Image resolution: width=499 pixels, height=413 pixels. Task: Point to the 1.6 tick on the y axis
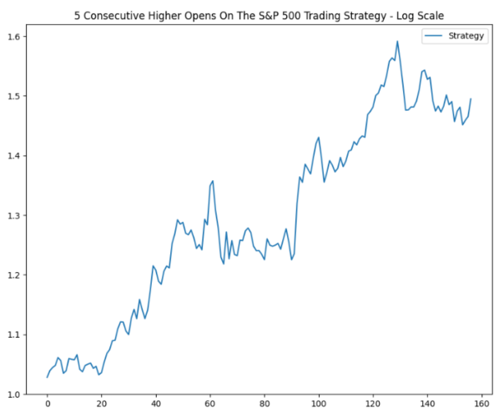click(x=14, y=37)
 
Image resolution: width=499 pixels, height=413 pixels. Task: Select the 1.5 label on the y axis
click(x=14, y=96)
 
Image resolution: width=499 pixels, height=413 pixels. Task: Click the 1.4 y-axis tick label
click(x=14, y=156)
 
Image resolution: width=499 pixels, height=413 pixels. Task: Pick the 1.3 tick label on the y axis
click(x=14, y=215)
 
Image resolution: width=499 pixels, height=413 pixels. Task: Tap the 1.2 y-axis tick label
click(x=14, y=275)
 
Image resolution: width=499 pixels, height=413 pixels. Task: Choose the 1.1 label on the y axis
click(x=14, y=335)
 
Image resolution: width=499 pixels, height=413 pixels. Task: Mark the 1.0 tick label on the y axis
click(x=14, y=395)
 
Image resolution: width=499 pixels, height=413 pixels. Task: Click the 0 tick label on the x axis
click(x=48, y=405)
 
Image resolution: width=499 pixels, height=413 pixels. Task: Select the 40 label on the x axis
click(x=156, y=405)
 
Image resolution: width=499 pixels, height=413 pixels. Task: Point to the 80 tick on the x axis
click(x=265, y=405)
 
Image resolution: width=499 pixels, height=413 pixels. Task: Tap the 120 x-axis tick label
click(x=373, y=405)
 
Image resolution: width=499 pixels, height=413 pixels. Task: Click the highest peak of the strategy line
click(x=397, y=41)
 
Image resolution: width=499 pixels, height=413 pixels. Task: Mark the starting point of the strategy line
click(x=48, y=377)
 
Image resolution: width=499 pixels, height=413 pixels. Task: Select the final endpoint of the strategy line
click(x=471, y=98)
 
